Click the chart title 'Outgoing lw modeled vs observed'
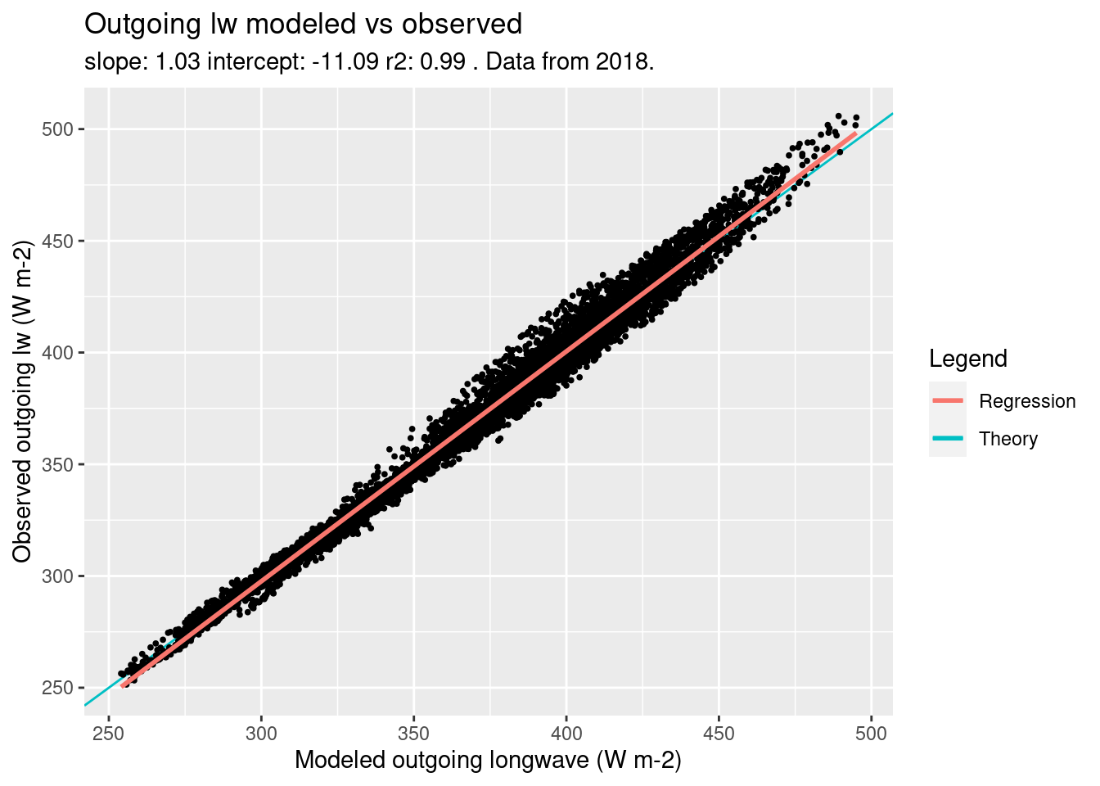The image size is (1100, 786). click(x=303, y=25)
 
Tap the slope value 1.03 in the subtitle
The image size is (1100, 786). click(x=178, y=62)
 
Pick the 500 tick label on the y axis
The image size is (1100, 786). click(x=58, y=129)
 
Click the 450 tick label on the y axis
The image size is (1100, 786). click(x=58, y=242)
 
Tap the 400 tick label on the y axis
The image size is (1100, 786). click(x=58, y=353)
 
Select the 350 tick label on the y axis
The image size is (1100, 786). click(x=58, y=464)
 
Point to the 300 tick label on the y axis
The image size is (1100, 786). click(x=58, y=576)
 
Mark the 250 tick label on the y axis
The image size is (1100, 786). click(x=58, y=688)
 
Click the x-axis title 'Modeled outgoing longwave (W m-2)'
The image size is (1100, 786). click(x=488, y=761)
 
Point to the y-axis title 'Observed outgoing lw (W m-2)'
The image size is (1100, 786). click(x=23, y=401)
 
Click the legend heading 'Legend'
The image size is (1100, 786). click(x=967, y=359)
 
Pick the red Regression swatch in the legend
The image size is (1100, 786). click(x=948, y=401)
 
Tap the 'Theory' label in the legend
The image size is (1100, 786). click(x=1008, y=439)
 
